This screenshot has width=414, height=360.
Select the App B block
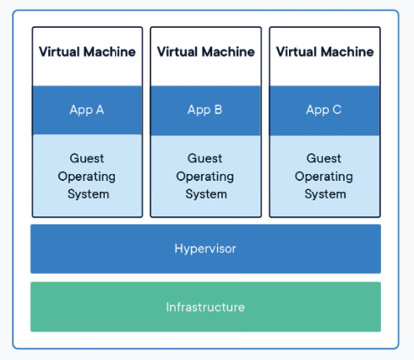click(205, 110)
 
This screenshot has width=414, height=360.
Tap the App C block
click(324, 110)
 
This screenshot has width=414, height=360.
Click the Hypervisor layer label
click(205, 248)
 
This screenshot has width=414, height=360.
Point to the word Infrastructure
click(205, 307)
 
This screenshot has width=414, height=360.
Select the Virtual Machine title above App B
click(205, 52)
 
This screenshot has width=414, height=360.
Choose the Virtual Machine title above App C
click(324, 52)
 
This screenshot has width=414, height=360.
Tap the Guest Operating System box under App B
click(205, 176)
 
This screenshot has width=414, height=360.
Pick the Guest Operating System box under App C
click(324, 176)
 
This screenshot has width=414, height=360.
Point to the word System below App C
click(324, 194)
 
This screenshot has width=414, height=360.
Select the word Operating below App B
click(205, 177)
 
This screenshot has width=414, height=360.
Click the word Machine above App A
click(110, 52)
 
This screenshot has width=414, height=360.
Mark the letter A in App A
click(101, 110)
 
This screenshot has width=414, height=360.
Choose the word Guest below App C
click(324, 159)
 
